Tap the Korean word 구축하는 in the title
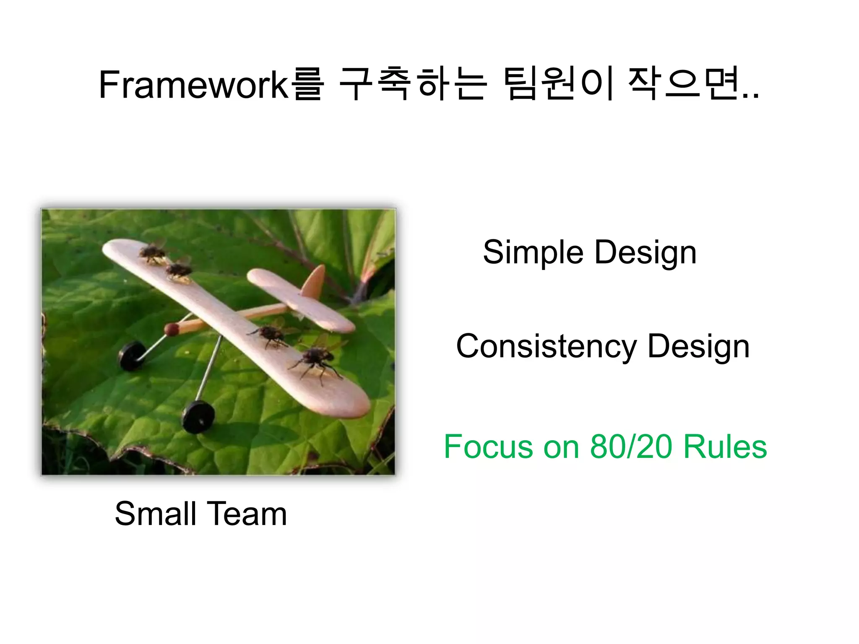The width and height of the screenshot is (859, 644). (413, 85)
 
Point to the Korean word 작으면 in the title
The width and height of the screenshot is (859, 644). (684, 85)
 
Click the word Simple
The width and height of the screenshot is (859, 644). (533, 253)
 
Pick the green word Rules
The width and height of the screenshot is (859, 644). (725, 447)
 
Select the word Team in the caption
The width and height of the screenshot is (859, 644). (247, 514)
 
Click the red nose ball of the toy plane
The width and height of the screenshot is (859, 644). (171, 330)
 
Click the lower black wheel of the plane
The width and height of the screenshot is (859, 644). (198, 416)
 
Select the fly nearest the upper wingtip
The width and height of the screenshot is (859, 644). (152, 253)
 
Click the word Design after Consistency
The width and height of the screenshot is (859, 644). (698, 347)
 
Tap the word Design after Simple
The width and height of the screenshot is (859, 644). (646, 253)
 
